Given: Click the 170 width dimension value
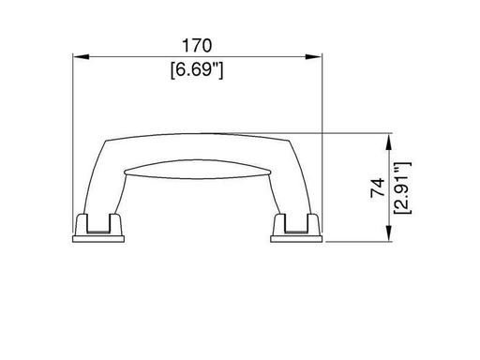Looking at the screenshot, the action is [197, 46].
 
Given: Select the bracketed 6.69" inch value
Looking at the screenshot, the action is [197, 69].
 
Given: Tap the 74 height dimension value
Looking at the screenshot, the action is [378, 187].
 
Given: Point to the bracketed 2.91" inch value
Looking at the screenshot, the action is [402, 187].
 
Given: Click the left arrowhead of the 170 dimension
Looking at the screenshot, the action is [82, 56].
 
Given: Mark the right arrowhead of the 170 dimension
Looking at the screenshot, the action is [313, 56].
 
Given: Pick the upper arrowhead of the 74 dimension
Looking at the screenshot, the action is [389, 142].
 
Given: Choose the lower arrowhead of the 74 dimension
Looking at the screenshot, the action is [389, 232].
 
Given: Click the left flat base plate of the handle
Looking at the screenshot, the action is [98, 239].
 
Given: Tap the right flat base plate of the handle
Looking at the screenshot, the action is [296, 239].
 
